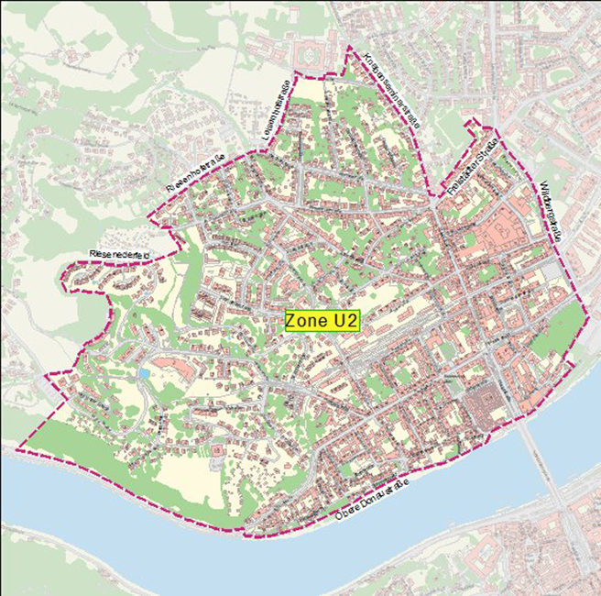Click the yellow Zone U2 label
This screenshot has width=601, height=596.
[322, 322]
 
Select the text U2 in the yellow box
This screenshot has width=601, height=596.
[345, 322]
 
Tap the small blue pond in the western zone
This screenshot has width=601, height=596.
[144, 375]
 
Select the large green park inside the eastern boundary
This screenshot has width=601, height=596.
[560, 331]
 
